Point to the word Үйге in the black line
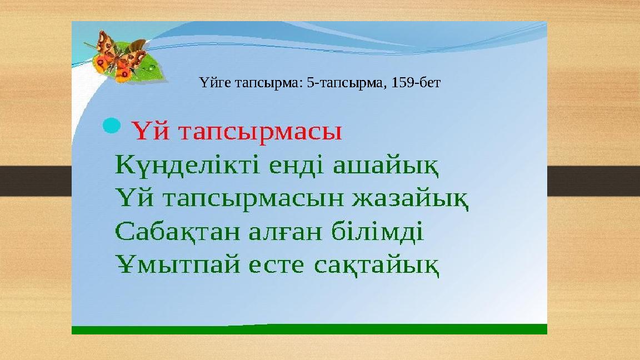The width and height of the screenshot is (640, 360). click(212, 83)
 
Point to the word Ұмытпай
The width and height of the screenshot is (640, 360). click(177, 263)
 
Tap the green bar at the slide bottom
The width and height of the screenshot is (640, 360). click(309, 329)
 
